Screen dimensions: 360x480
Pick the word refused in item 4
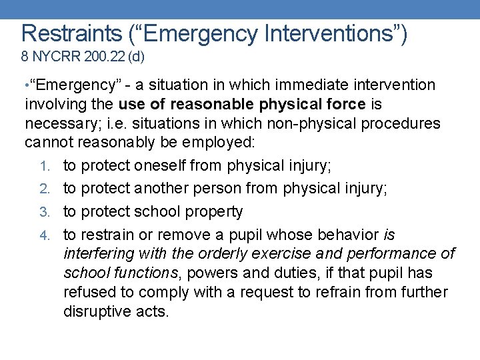[x=88, y=292]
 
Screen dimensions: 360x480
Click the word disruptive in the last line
[x=97, y=311]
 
